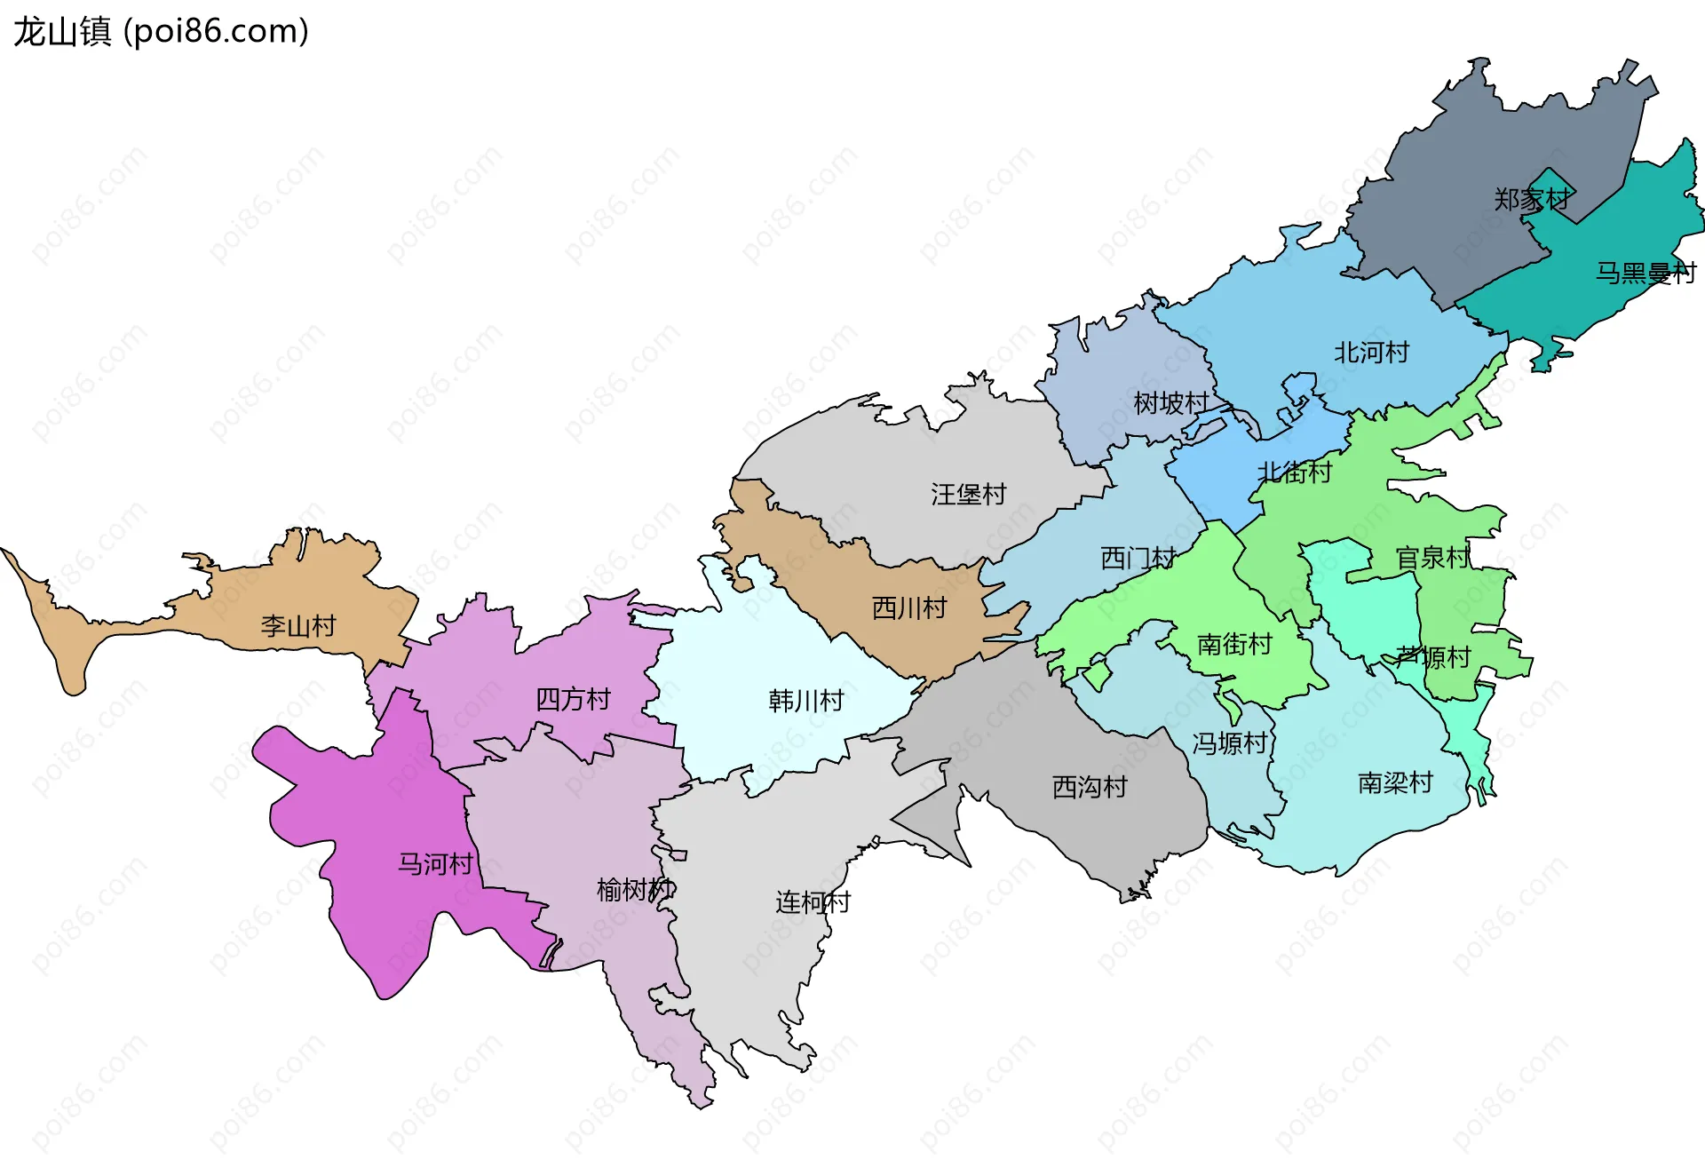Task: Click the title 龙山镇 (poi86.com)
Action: pos(161,32)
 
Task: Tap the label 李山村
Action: pos(298,626)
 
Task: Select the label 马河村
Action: pos(435,864)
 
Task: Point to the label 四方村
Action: pos(573,700)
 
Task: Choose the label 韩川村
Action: pos(805,702)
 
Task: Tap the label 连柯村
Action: pos(813,902)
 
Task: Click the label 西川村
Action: pos(909,608)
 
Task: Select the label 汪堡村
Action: pos(968,495)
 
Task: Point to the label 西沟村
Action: pos(1090,787)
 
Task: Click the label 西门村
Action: pos(1138,559)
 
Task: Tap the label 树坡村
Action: pos(1171,403)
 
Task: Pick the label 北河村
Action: pos(1371,353)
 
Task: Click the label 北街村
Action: pos(1295,472)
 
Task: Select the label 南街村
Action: pos(1234,644)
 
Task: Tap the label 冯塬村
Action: pos(1229,743)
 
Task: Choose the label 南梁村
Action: pos(1395,782)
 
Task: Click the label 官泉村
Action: pos(1432,559)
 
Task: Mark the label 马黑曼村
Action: pos(1646,273)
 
